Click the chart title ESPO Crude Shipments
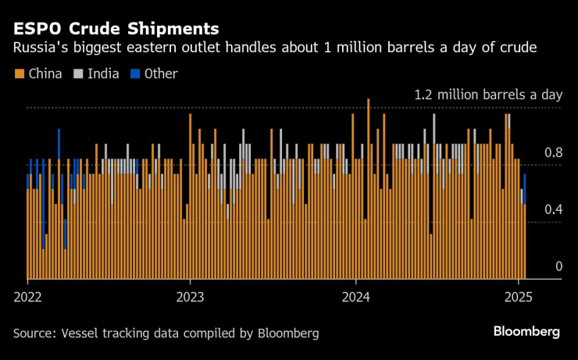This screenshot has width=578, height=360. click(x=116, y=30)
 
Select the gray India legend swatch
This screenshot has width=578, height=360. click(x=79, y=74)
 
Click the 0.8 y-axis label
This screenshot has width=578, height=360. click(x=553, y=153)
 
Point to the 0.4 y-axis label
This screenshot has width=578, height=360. click(x=553, y=209)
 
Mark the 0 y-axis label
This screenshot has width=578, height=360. click(x=558, y=267)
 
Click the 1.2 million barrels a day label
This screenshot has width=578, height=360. click(x=488, y=94)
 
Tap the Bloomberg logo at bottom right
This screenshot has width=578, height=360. click(x=526, y=331)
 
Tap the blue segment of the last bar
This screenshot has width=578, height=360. click(x=525, y=188)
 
